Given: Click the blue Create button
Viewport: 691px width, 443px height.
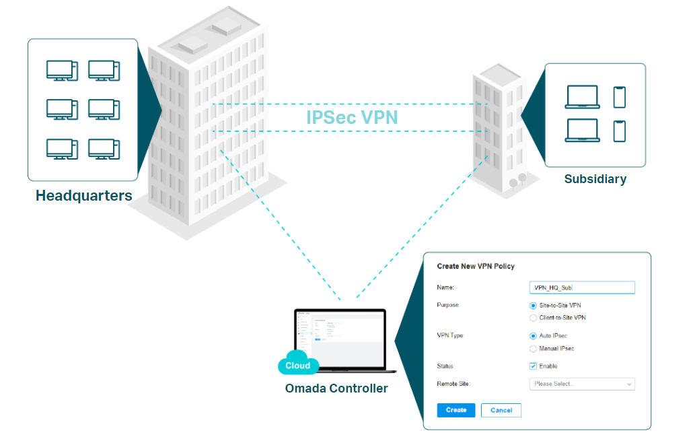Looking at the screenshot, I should (x=456, y=410).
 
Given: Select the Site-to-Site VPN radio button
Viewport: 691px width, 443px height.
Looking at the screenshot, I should (x=534, y=306).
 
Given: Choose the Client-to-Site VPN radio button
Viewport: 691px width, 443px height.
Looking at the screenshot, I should (x=534, y=318).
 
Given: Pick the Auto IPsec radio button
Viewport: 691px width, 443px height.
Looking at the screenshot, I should (x=534, y=335).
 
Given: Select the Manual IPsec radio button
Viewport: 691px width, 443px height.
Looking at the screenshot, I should (x=534, y=349).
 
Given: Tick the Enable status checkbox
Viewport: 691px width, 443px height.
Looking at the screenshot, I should (x=534, y=366).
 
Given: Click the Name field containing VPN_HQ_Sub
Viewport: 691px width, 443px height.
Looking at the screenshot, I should (x=581, y=287).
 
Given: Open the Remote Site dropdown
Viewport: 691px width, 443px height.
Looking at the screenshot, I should (x=581, y=384).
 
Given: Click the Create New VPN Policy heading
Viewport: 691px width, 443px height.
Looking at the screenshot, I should (x=476, y=266).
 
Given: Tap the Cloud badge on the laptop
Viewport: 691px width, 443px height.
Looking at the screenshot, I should (x=297, y=366).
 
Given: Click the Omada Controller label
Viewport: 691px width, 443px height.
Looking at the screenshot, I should (x=336, y=388).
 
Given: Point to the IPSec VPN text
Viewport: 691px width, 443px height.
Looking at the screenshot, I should (x=352, y=117).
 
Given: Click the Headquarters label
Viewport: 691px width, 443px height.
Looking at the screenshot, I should (x=83, y=196).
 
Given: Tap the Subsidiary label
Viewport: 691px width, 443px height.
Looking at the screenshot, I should (x=595, y=179).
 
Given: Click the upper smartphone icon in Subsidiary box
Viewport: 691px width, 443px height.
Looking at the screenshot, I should (x=619, y=97).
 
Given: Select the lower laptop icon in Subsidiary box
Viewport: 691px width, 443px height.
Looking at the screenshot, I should (x=582, y=130).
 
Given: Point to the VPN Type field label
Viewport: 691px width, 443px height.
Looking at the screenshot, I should (x=451, y=335).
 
